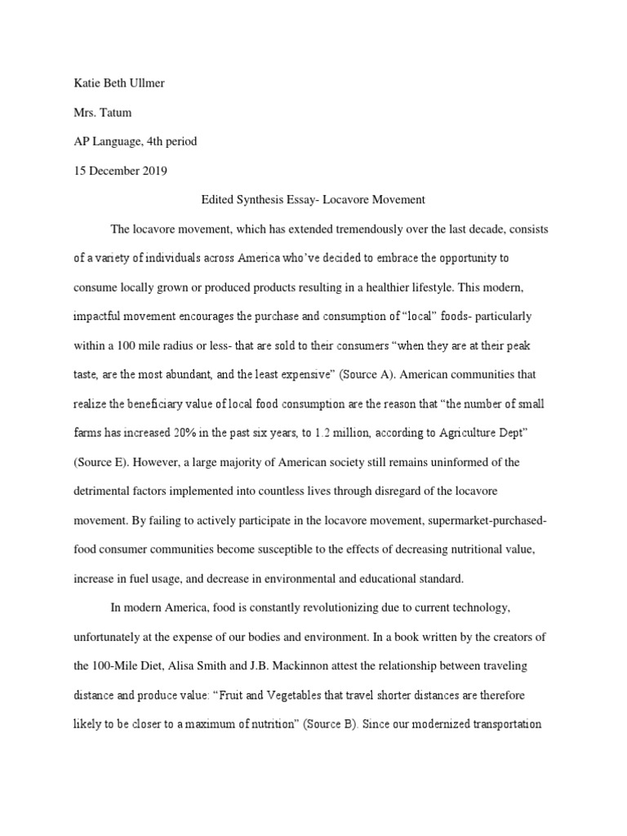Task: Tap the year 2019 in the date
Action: (151, 170)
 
